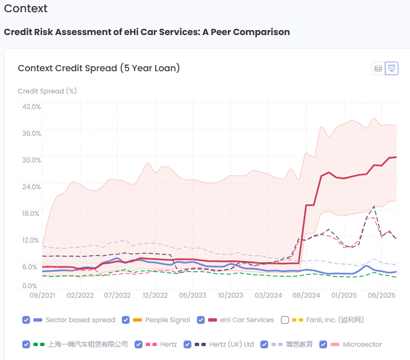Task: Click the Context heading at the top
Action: click(26, 9)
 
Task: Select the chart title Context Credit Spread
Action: click(98, 68)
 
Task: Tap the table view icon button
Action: click(378, 68)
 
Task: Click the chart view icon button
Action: click(392, 68)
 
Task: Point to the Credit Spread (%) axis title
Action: click(47, 91)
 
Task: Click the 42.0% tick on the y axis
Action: click(32, 106)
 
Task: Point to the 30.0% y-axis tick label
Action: click(32, 160)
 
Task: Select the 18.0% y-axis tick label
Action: click(32, 214)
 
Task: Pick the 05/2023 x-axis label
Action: click(193, 295)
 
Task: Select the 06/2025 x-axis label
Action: click(382, 295)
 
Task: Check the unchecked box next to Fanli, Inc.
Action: click(285, 320)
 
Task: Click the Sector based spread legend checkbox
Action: click(26, 320)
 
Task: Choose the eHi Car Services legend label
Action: click(247, 320)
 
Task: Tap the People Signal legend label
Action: click(167, 320)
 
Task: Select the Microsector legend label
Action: click(362, 344)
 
